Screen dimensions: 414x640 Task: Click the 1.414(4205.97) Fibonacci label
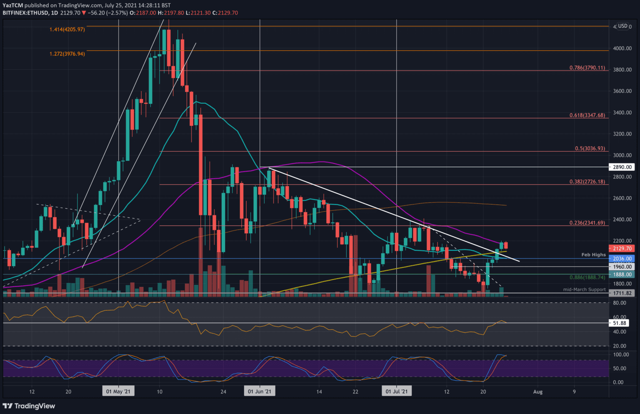[67, 30]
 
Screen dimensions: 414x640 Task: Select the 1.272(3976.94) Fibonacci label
[67, 54]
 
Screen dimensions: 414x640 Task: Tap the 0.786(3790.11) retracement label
[587, 68]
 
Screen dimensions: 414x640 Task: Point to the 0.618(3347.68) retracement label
[587, 115]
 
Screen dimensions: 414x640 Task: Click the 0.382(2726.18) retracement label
[587, 182]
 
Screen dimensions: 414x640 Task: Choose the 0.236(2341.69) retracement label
[587, 223]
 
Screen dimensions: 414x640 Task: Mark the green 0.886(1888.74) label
[587, 277]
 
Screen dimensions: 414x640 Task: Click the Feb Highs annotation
[593, 254]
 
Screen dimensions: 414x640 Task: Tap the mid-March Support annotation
[584, 289]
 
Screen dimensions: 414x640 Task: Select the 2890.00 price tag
[622, 167]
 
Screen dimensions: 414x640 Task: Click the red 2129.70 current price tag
[622, 248]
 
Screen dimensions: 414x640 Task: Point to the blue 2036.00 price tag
[622, 259]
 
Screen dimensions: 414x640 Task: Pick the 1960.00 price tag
[622, 267]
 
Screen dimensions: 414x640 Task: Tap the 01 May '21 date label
[118, 392]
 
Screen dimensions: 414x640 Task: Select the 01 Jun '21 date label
[260, 392]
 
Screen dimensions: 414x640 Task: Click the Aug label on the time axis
[537, 392]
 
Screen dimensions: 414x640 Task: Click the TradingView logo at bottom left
[29, 406]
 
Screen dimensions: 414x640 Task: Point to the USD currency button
[622, 26]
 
